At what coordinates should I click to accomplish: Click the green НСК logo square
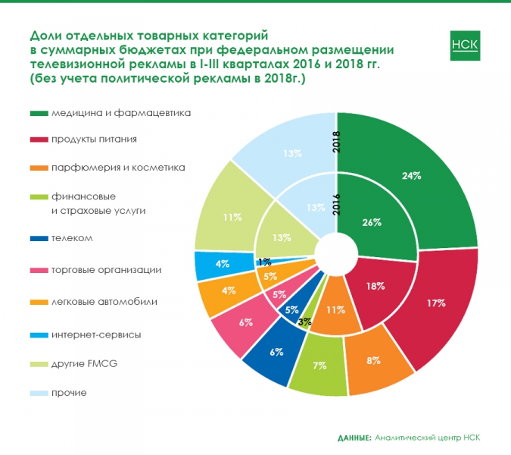[x=465, y=45]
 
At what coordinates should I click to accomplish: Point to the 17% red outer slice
[x=435, y=303]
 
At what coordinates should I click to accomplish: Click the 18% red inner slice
[x=373, y=287]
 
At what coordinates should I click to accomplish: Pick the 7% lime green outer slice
[x=319, y=366]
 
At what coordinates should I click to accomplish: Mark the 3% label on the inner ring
[x=305, y=322]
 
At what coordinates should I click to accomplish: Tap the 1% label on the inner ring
[x=264, y=262]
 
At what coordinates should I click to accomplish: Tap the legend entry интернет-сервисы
[x=96, y=334]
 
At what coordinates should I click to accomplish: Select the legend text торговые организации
[x=106, y=270]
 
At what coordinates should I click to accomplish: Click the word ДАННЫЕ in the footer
[x=354, y=438]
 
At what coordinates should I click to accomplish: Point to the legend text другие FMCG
[x=84, y=364]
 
